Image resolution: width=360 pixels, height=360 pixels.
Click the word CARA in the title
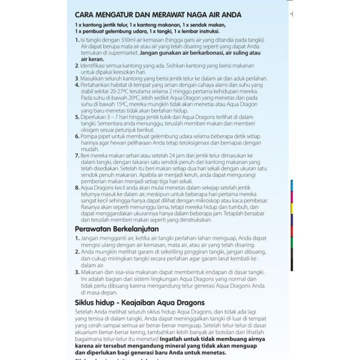(x=86, y=15)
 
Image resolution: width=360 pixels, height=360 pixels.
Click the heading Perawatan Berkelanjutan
(x=117, y=228)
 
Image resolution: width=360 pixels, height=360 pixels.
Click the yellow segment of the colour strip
(x=292, y=209)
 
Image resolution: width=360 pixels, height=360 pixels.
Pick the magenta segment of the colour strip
(x=292, y=197)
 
